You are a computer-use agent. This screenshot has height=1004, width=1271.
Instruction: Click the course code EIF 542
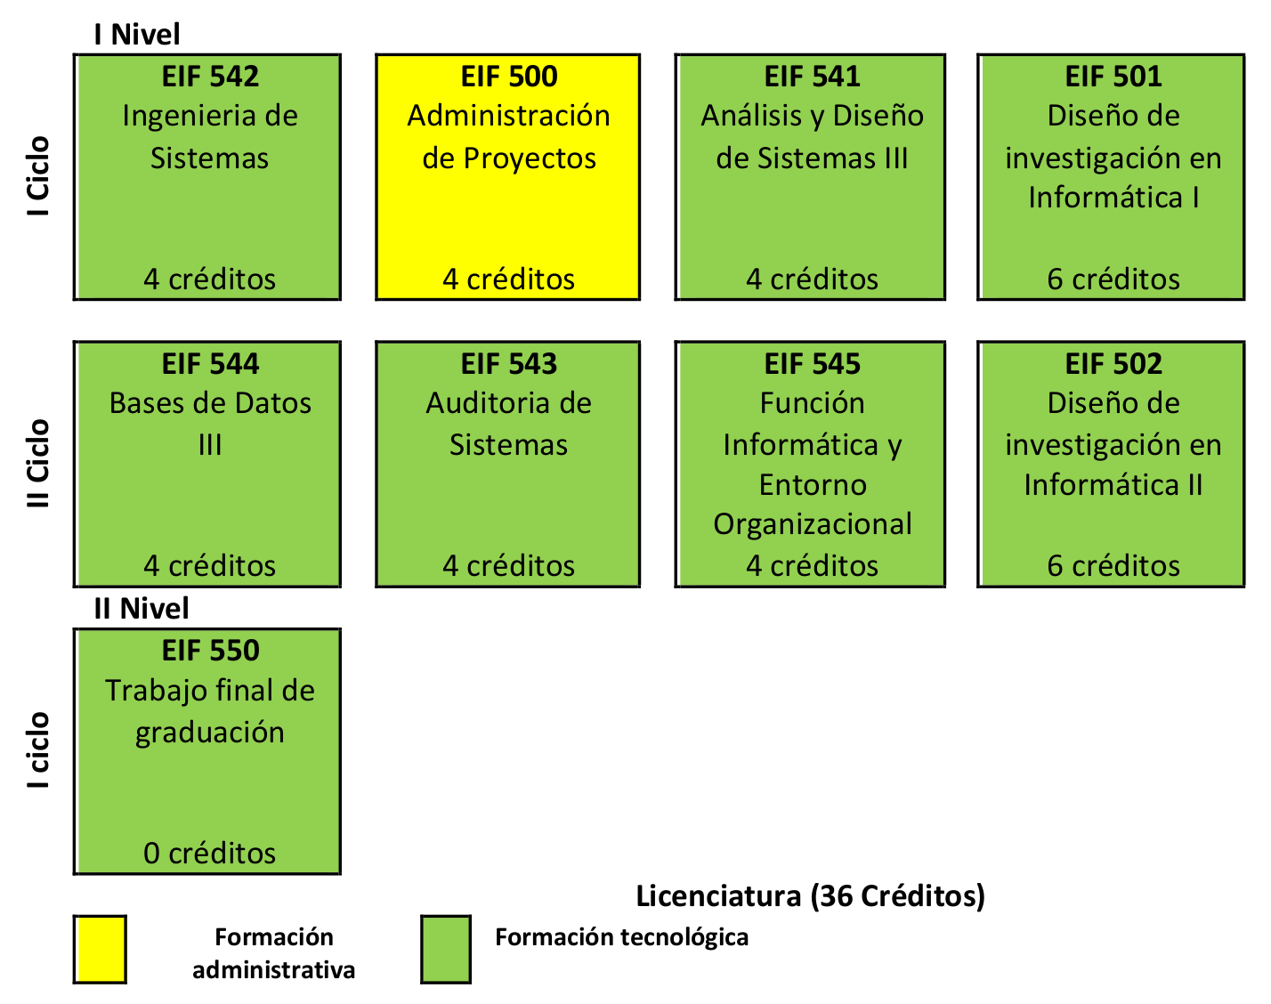click(x=210, y=77)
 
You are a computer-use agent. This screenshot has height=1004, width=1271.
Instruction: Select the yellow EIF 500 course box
click(x=508, y=177)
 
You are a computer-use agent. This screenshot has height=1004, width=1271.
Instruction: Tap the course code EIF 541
click(x=812, y=77)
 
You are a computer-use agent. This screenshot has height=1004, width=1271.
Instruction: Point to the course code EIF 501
click(x=1113, y=77)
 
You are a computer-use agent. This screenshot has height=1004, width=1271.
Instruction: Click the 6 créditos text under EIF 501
click(x=1113, y=279)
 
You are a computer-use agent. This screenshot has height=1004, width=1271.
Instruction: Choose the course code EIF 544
click(x=210, y=364)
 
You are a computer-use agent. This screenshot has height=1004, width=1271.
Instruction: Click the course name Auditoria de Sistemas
click(x=508, y=424)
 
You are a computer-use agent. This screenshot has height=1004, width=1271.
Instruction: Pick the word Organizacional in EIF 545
click(x=813, y=524)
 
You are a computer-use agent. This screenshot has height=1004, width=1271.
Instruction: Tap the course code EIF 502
click(x=1113, y=364)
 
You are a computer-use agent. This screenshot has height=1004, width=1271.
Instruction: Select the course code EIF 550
click(x=210, y=651)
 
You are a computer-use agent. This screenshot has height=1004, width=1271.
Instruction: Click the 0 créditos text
click(x=210, y=854)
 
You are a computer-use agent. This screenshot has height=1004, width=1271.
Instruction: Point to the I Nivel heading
click(x=137, y=34)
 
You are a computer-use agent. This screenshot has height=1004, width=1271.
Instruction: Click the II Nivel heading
click(x=142, y=608)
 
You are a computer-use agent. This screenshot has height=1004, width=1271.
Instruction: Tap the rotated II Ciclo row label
click(x=37, y=464)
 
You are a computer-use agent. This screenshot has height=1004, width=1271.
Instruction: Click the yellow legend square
click(x=100, y=950)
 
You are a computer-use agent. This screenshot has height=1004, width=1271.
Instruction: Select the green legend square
click(x=446, y=950)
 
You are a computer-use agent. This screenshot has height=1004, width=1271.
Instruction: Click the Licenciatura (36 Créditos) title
click(x=810, y=896)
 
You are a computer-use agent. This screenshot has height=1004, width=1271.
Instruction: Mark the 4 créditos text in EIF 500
click(x=508, y=279)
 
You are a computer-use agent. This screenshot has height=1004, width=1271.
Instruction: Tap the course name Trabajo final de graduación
click(x=210, y=712)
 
